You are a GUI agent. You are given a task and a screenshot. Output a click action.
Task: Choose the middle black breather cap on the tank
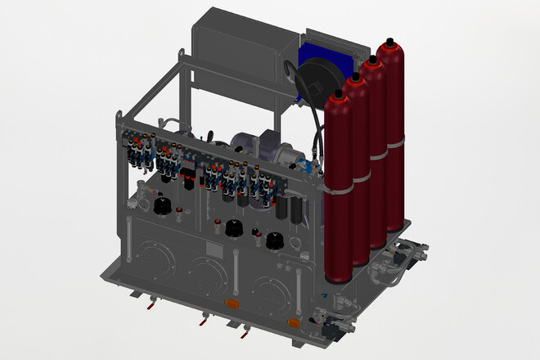[x=236, y=228]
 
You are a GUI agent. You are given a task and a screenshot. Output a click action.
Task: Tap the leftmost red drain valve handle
[x=151, y=308]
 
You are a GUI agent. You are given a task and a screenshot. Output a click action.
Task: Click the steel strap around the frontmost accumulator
[x=338, y=188]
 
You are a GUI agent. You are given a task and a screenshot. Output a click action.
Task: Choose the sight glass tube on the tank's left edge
[x=128, y=238]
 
